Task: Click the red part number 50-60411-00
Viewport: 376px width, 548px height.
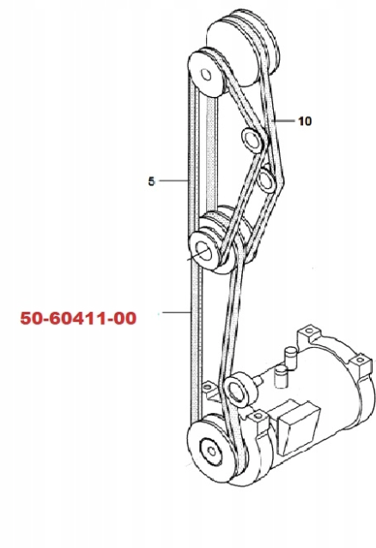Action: [x=78, y=319]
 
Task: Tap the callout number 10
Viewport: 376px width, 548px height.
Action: [x=305, y=121]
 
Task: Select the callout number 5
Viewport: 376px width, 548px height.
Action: [x=151, y=181]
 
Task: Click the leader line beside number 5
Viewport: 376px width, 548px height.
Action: [x=174, y=180]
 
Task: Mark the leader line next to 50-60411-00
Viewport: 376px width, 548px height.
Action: [x=177, y=312]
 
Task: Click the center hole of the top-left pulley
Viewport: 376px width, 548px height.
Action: [x=206, y=75]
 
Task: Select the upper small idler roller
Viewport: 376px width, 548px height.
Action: [x=252, y=140]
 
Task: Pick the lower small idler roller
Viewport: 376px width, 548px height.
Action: [x=267, y=180]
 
